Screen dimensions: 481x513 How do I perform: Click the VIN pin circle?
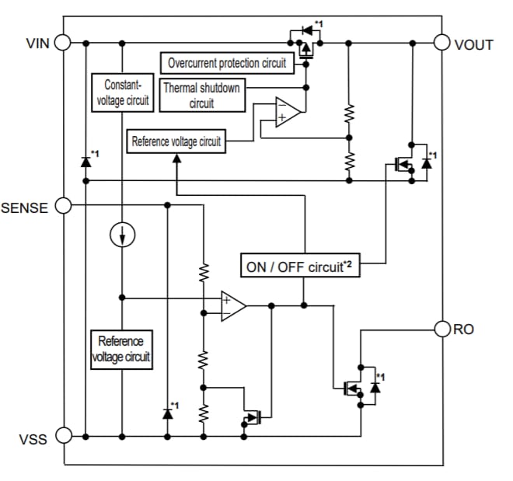coord(62,43)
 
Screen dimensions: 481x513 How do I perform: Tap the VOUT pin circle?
coord(444,43)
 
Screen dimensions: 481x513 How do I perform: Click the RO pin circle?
coord(444,329)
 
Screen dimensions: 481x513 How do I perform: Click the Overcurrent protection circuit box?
coord(227,62)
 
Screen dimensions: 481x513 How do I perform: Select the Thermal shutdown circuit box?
coord(201,95)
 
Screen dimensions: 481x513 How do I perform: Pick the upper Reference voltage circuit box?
coord(176,141)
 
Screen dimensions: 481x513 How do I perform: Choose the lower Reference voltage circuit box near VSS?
coord(121,350)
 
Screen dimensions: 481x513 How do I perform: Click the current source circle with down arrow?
coord(122,234)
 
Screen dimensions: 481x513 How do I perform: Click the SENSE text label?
coord(25,207)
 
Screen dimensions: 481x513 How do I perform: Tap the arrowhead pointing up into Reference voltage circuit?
coord(177,159)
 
